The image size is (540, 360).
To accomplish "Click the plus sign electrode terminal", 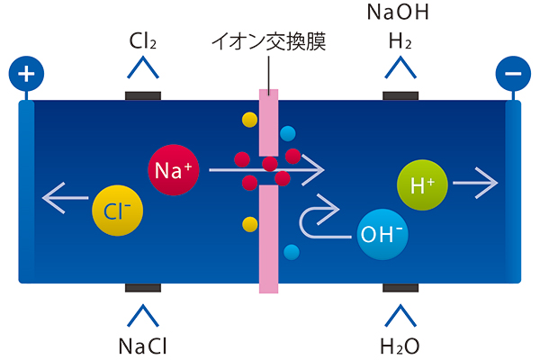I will point(25,73).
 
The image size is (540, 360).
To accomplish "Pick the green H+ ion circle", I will point(420,186).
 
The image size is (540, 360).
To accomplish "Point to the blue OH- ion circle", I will point(382,235).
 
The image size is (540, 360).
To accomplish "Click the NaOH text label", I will point(400,13).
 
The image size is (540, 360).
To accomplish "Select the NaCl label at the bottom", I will point(141,346).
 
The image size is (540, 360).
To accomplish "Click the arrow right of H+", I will point(475,184).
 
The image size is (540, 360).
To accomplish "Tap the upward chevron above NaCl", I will point(141,314).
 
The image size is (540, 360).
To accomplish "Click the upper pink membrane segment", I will point(268,121).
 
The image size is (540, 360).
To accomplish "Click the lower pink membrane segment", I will point(268,238).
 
